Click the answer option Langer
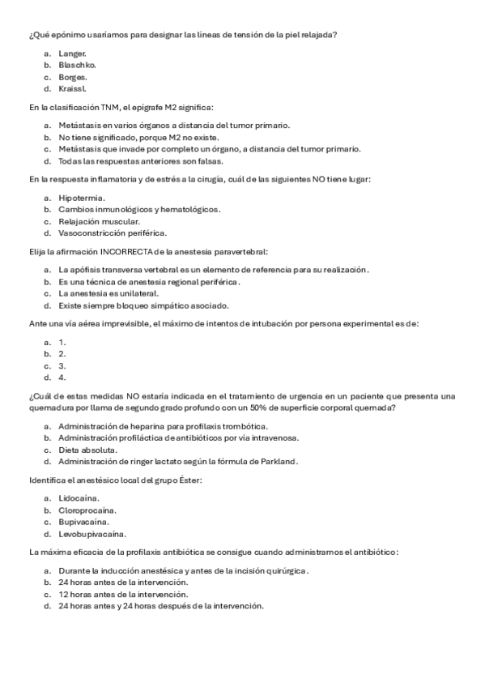point(72,53)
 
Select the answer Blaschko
point(77,64)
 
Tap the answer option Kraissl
point(73,88)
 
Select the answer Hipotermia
point(82,197)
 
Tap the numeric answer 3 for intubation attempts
point(62,365)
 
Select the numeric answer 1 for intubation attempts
point(62,341)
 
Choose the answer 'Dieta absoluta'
point(88,450)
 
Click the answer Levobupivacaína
point(91,534)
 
